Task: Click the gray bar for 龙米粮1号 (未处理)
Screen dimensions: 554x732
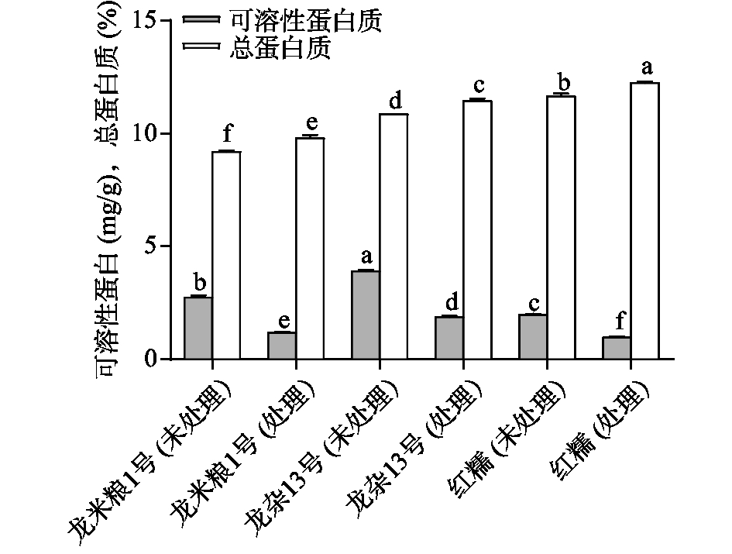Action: [198, 328]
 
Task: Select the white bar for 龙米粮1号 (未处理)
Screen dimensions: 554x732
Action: [226, 255]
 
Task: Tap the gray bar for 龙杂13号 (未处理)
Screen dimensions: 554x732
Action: [365, 315]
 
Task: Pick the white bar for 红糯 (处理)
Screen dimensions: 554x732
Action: [644, 220]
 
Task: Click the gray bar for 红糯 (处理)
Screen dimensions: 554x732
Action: [616, 348]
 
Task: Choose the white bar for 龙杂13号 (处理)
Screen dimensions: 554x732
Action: [477, 229]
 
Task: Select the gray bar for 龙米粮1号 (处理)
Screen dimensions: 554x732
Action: [281, 346]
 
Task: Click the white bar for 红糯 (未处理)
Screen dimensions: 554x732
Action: [561, 227]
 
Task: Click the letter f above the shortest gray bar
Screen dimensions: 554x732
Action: [616, 320]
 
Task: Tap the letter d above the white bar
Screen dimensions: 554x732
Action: [394, 101]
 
